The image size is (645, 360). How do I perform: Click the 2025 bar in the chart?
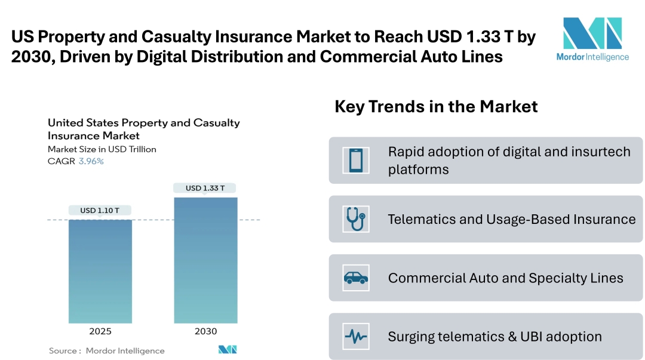(x=100, y=272)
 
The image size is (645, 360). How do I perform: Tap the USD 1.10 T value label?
(x=100, y=210)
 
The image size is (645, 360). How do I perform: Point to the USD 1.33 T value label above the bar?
(x=205, y=188)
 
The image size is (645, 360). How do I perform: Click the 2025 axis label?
(x=100, y=331)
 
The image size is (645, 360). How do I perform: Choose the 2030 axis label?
(x=205, y=331)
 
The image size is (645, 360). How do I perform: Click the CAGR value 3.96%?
(x=91, y=161)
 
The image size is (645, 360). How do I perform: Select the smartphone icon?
(x=356, y=161)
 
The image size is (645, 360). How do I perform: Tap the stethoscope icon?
(x=356, y=219)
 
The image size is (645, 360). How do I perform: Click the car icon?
(x=356, y=278)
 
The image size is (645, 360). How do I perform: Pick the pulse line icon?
(x=356, y=336)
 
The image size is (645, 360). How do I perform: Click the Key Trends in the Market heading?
(x=436, y=107)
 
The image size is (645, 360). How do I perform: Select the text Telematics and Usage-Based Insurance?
(x=511, y=219)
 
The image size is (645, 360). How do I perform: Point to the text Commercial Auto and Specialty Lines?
(x=505, y=278)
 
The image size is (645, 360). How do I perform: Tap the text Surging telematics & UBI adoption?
(x=494, y=337)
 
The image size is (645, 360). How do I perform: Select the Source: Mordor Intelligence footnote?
(x=106, y=350)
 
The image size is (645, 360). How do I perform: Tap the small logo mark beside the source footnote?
(x=228, y=350)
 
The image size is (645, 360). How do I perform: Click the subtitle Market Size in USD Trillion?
(x=102, y=149)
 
